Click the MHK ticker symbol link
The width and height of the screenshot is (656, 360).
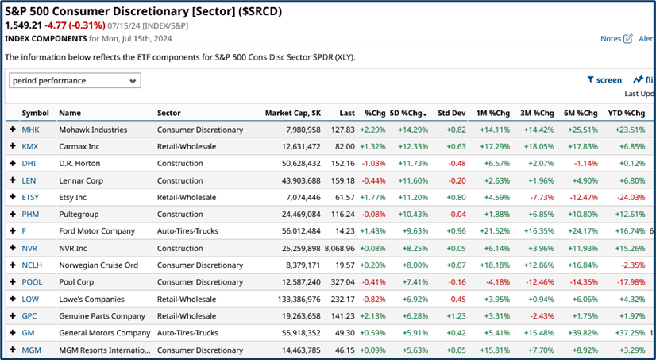point(30,130)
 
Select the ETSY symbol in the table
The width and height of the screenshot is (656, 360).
point(31,197)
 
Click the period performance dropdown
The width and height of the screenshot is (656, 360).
point(75,80)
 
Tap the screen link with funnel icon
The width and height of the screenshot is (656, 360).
point(604,79)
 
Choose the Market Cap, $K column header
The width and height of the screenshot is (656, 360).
point(292,113)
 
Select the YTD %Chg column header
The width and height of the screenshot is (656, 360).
point(626,113)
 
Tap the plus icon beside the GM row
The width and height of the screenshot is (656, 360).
point(12,333)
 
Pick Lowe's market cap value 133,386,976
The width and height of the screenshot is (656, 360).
point(292,299)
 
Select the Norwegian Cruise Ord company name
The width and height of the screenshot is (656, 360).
point(98,265)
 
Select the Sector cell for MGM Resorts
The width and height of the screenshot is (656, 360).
point(199,350)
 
